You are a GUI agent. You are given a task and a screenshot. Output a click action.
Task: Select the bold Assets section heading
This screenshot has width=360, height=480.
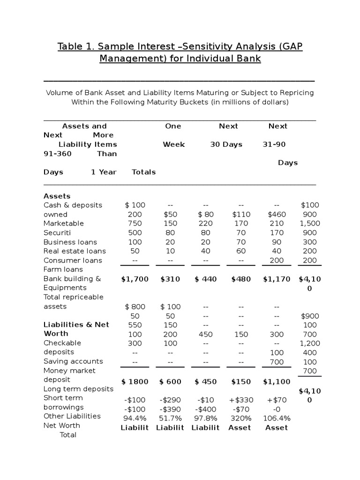pos(57,196)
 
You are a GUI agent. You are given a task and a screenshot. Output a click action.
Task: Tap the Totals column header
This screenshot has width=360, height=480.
pos(143,172)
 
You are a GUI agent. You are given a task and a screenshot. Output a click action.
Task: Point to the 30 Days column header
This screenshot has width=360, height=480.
pos(226,144)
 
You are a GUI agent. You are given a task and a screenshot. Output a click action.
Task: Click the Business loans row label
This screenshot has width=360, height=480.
pos(70,242)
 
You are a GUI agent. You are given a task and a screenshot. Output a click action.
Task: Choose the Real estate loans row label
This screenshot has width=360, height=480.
pos(75,251)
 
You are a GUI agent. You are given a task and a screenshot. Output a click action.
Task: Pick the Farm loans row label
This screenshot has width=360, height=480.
pos(63,270)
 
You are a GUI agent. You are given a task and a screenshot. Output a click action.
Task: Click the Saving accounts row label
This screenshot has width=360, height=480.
pos(73,361)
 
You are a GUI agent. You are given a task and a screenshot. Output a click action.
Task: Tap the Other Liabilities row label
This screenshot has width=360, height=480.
pos(72,416)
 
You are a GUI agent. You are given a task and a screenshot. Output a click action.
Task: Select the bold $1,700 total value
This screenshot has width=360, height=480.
pos(135,279)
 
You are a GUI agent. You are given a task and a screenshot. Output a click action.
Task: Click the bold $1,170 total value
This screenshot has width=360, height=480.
pos(277,279)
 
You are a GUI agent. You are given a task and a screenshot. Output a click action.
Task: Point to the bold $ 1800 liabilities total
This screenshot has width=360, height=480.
pos(135,382)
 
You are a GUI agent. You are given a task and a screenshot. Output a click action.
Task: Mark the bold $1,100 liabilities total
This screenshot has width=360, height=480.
pos(277,382)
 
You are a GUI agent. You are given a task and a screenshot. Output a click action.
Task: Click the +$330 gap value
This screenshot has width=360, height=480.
pos(240,400)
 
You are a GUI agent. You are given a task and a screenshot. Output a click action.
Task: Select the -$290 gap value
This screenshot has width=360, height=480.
pos(170,400)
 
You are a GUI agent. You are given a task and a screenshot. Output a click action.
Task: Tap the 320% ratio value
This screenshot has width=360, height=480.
pos(240,419)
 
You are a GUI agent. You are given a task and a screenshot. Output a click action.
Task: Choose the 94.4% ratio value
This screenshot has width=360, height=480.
pos(135,419)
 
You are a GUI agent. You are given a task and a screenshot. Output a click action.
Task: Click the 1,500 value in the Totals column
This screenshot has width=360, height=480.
pos(309,224)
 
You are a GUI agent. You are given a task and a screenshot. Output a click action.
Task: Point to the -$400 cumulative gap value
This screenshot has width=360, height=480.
pos(205,409)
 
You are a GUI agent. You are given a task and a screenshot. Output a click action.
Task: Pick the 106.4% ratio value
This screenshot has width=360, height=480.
pos(277,419)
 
